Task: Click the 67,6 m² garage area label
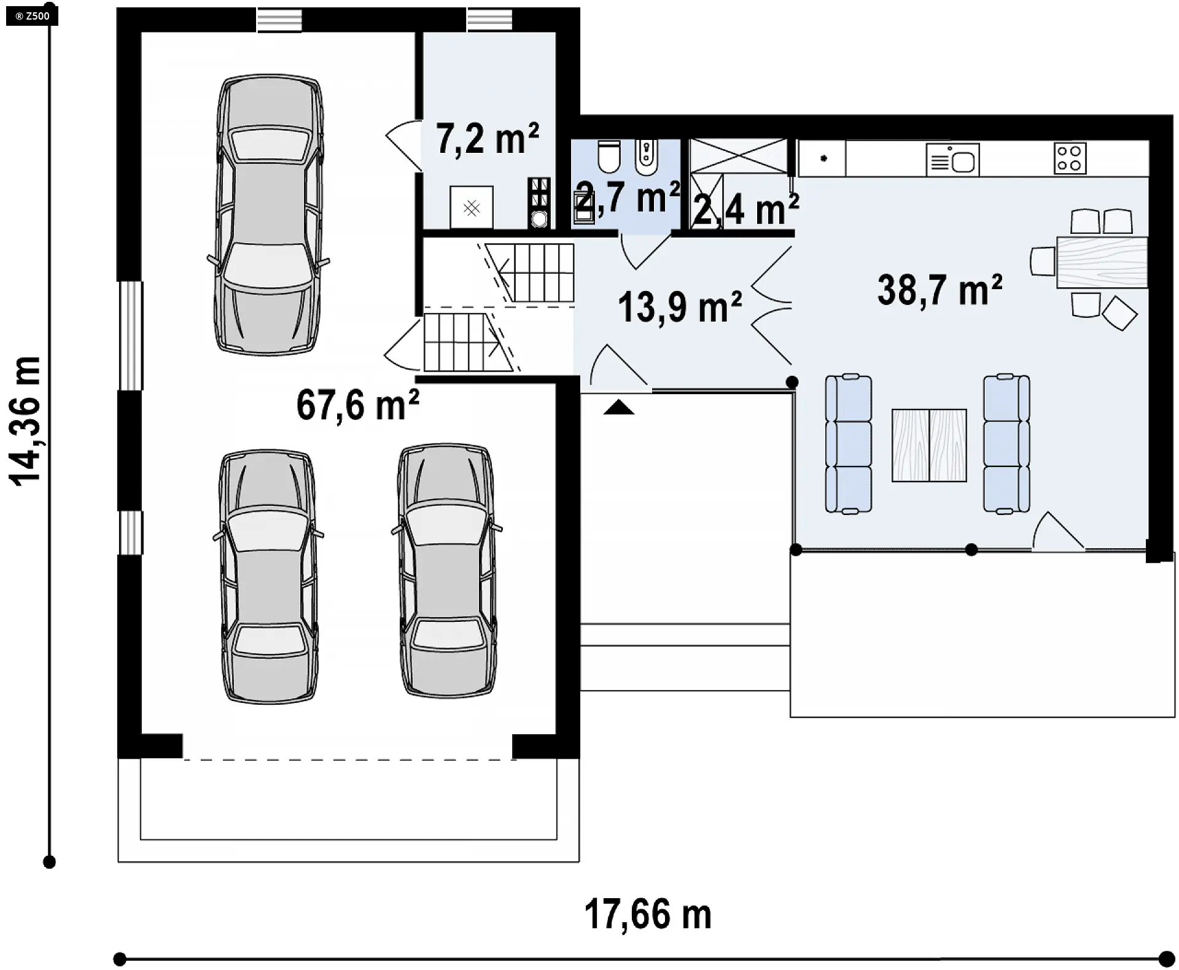(358, 405)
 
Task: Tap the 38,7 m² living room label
(940, 290)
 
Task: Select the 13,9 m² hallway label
(680, 307)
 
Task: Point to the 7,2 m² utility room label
(488, 139)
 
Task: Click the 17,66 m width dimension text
(648, 914)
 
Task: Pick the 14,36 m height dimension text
(26, 421)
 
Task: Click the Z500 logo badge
(33, 16)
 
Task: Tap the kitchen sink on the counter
(952, 160)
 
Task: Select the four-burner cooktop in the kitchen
(1070, 158)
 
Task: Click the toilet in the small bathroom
(609, 157)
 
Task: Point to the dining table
(1102, 262)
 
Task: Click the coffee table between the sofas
(929, 445)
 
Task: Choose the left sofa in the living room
(848, 443)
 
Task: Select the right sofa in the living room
(1006, 443)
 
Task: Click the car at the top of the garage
(268, 215)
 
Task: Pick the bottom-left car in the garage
(268, 576)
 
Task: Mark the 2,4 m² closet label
(746, 209)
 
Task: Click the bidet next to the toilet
(645, 158)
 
